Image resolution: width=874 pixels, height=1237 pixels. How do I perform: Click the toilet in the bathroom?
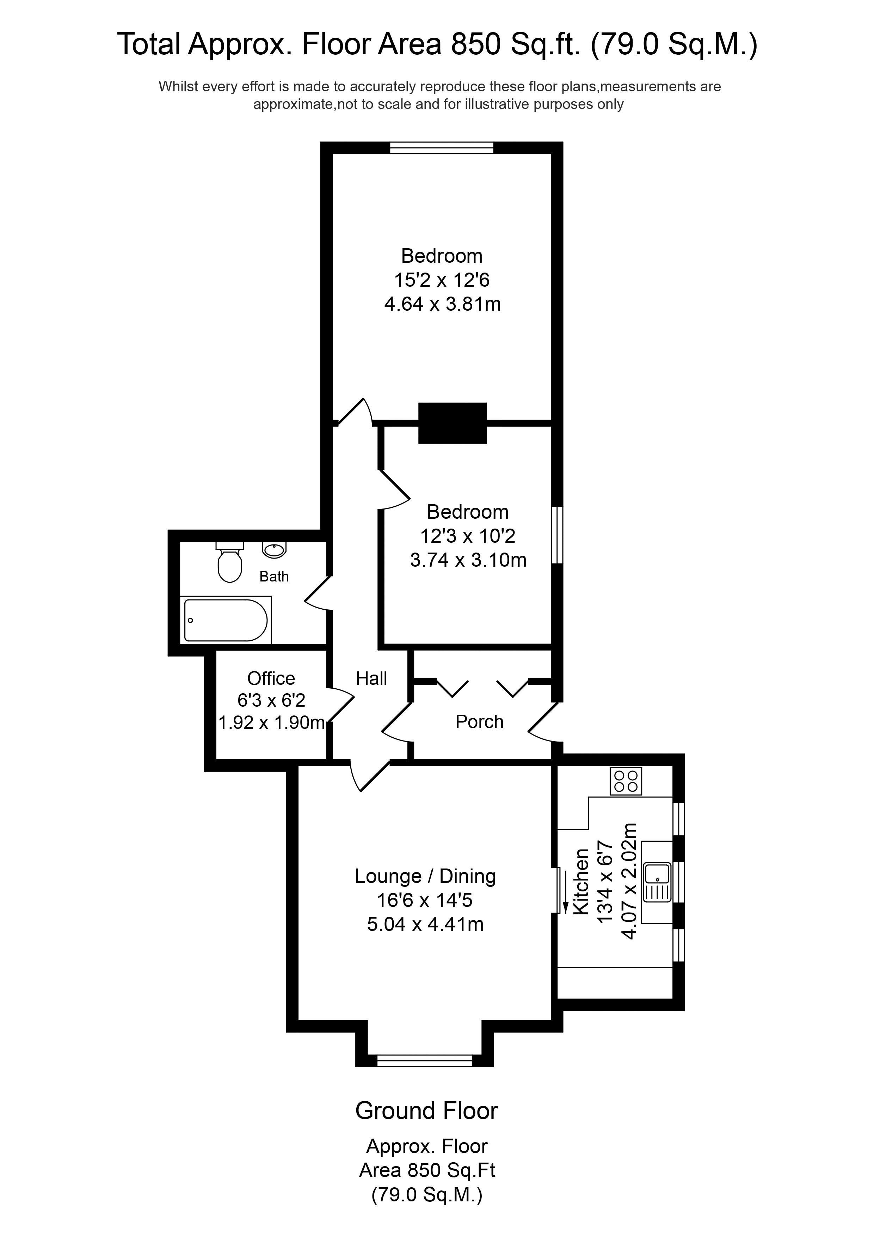tap(229, 563)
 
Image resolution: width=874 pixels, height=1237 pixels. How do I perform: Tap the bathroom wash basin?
tap(274, 550)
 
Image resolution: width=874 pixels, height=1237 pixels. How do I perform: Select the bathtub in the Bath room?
tap(226, 620)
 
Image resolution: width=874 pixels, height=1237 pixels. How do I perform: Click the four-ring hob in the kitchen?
tap(626, 781)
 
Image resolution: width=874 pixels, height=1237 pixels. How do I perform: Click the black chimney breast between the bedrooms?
tap(453, 423)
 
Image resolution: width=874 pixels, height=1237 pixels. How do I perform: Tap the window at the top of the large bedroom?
tap(442, 148)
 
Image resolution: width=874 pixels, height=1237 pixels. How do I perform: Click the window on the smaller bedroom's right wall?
tap(558, 535)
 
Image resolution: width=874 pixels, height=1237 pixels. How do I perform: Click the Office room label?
tap(271, 678)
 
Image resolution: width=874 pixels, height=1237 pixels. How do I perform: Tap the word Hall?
tap(371, 678)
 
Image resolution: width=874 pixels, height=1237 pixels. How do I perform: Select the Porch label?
tap(479, 722)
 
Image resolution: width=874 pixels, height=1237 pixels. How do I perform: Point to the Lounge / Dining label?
tap(425, 877)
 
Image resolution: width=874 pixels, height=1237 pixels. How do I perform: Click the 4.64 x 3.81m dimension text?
tap(442, 304)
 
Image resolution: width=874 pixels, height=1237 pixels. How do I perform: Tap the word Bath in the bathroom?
tap(274, 577)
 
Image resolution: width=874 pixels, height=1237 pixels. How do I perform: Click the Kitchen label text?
tap(581, 882)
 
